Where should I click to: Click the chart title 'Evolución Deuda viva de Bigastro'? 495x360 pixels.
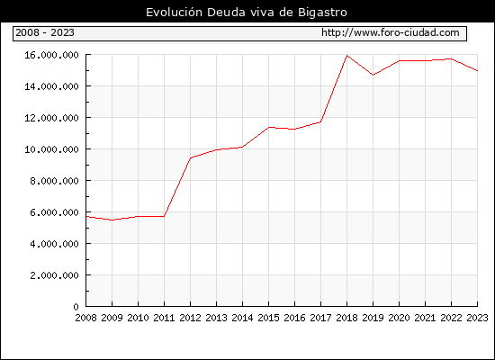tap(247, 12)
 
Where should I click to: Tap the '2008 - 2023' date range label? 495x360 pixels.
tap(45, 32)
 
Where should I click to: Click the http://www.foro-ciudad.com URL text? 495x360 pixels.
tap(391, 32)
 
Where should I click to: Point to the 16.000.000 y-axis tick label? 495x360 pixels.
tap(51, 55)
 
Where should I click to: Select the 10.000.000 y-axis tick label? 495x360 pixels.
tap(51, 149)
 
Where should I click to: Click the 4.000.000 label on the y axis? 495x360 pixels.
tap(54, 244)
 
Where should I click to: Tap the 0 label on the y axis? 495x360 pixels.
tap(76, 307)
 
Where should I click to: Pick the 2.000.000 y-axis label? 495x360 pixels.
tap(54, 275)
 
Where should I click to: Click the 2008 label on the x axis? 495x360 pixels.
tap(85, 318)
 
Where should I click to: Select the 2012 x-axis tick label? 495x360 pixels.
tap(191, 318)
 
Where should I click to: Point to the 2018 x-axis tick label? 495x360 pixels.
tap(346, 318)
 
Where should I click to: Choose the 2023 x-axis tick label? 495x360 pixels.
tap(477, 318)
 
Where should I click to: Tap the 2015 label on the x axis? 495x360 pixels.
tap(269, 318)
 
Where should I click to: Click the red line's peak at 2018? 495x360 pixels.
tap(346, 56)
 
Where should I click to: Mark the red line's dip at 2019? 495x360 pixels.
tap(373, 75)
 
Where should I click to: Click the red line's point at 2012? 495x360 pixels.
tap(191, 157)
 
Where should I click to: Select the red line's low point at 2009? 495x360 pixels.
tap(112, 220)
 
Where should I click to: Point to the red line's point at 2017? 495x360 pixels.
tap(320, 121)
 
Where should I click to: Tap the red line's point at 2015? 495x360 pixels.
tap(269, 127)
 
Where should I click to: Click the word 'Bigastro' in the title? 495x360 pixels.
tap(322, 13)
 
